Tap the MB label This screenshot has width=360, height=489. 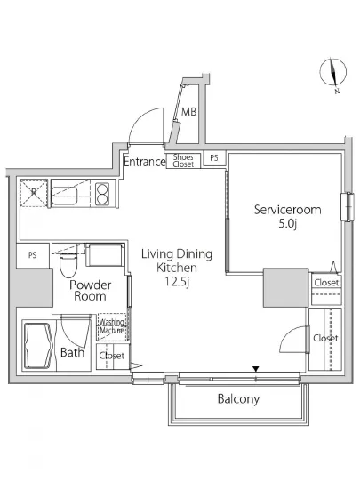click(188, 112)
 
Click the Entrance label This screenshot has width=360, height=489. click(145, 162)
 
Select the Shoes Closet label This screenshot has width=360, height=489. click(183, 161)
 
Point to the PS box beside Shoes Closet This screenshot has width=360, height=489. click(214, 158)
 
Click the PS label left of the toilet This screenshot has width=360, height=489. click(32, 255)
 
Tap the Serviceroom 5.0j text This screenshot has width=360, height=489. click(287, 216)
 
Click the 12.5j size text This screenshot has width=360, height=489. click(177, 282)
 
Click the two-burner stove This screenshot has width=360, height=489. click(102, 194)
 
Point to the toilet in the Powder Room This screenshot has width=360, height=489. click(68, 261)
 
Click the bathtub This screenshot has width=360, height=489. click(37, 346)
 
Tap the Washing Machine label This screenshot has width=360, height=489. click(112, 326)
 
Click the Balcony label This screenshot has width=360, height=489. click(238, 399)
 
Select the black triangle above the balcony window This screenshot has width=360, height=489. click(256, 369)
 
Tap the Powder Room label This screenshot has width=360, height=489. click(90, 291)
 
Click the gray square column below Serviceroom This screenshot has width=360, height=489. click(286, 287)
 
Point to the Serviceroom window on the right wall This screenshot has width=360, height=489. click(348, 207)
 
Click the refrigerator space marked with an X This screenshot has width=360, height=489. click(34, 193)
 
